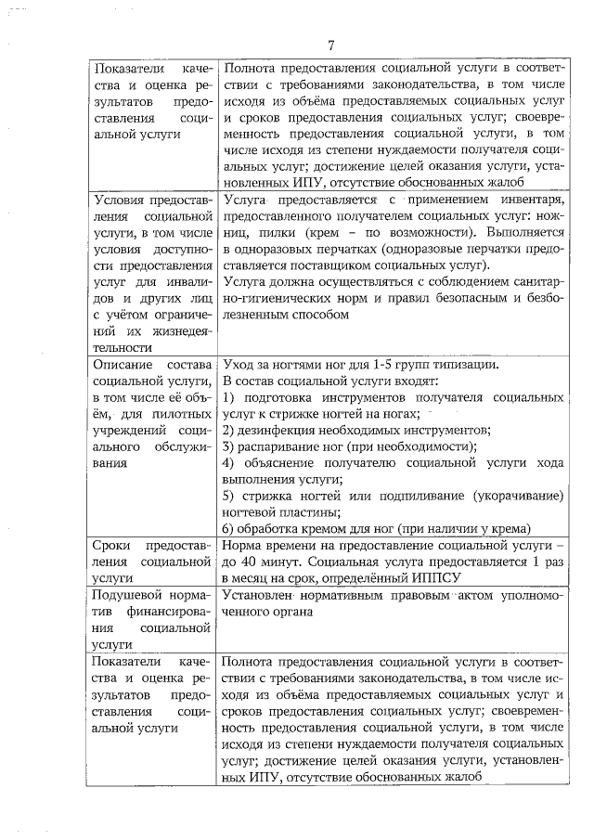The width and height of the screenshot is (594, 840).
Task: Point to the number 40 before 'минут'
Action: tap(259, 562)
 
